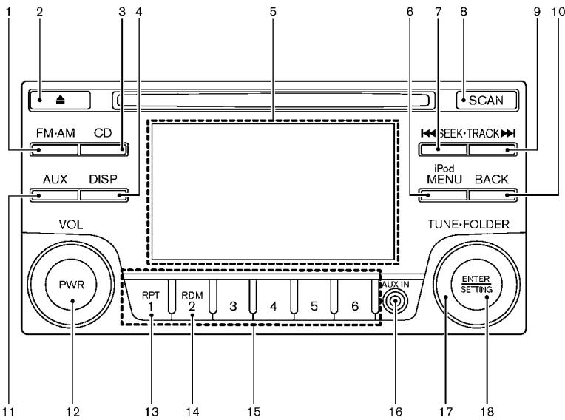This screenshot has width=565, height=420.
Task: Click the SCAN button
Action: pyautogui.click(x=487, y=100)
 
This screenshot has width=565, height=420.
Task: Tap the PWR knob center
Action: pyautogui.click(x=71, y=285)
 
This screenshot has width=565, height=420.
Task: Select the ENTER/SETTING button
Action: pyautogui.click(x=476, y=284)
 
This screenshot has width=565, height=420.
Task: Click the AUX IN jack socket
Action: pyautogui.click(x=396, y=301)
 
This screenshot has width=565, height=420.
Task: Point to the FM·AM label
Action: pyautogui.click(x=55, y=133)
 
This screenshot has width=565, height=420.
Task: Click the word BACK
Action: pyautogui.click(x=492, y=179)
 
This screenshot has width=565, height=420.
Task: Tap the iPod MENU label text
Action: pyautogui.click(x=444, y=175)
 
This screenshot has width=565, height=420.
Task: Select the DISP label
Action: pyautogui.click(x=103, y=179)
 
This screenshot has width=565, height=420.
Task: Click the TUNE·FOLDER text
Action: pyautogui.click(x=469, y=224)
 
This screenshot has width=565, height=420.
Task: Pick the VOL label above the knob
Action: pyautogui.click(x=71, y=225)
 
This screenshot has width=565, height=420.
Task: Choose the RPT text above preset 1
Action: pyautogui.click(x=151, y=295)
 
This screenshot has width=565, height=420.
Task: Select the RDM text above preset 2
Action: pyautogui.click(x=192, y=295)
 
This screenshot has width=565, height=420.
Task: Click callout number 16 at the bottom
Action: pyautogui.click(x=396, y=411)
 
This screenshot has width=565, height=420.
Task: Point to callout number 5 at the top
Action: pyautogui.click(x=273, y=12)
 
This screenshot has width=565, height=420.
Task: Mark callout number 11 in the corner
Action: pyautogui.click(x=8, y=411)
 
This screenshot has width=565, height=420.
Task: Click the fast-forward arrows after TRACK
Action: pyautogui.click(x=509, y=134)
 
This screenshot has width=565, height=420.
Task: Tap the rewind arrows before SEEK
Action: pyautogui.click(x=428, y=134)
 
